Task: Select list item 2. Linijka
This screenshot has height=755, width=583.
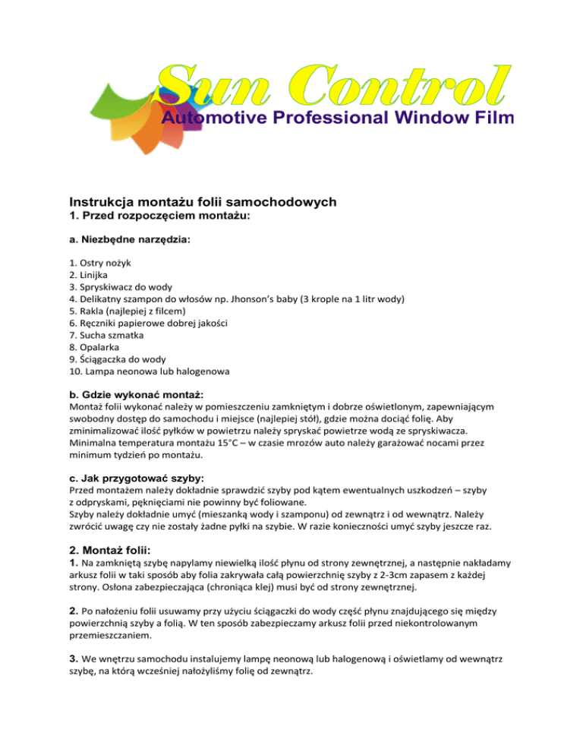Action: tap(90, 275)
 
